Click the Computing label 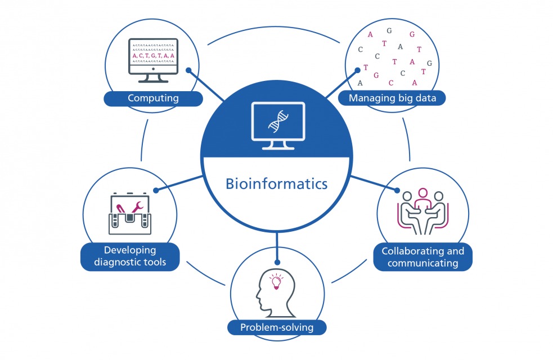(x=153, y=98)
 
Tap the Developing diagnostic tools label (x=130, y=256)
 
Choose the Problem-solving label (x=277, y=327)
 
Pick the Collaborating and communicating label (x=422, y=256)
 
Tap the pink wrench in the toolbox (x=138, y=209)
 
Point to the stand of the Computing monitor (x=153, y=78)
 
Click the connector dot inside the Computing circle (x=189, y=71)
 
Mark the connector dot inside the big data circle (x=357, y=71)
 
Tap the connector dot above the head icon (x=277, y=262)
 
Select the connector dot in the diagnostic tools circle (x=156, y=190)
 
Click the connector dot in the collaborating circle (x=397, y=191)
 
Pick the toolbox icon (x=130, y=214)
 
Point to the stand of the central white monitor (x=277, y=145)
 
